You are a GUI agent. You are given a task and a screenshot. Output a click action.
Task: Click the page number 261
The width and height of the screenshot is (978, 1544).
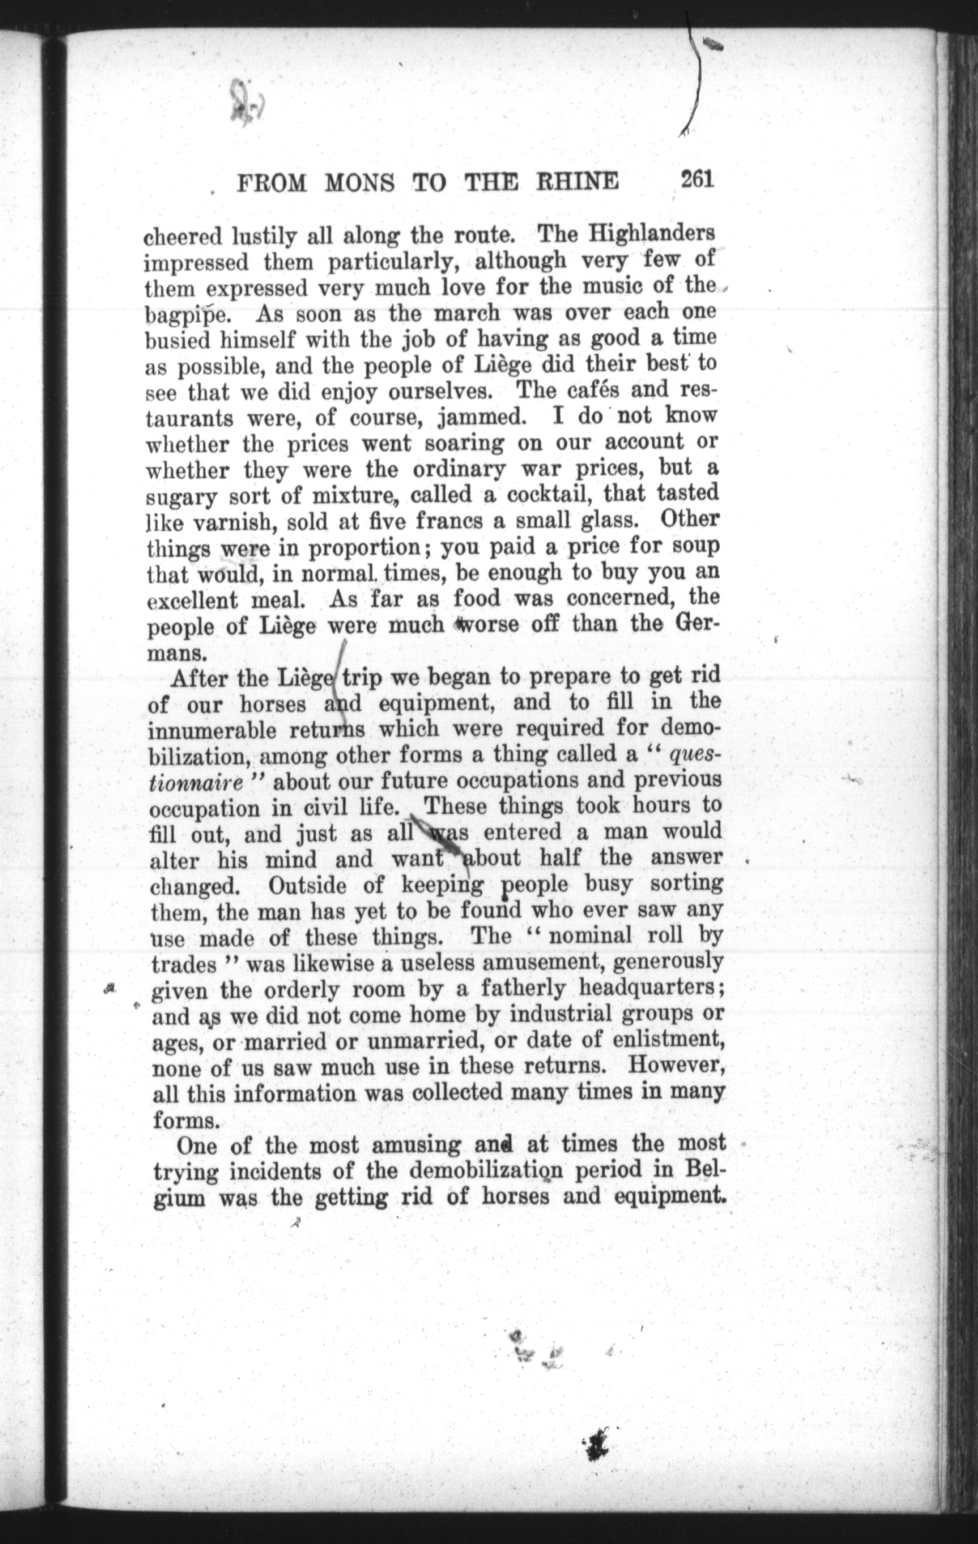pyautogui.click(x=698, y=180)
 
